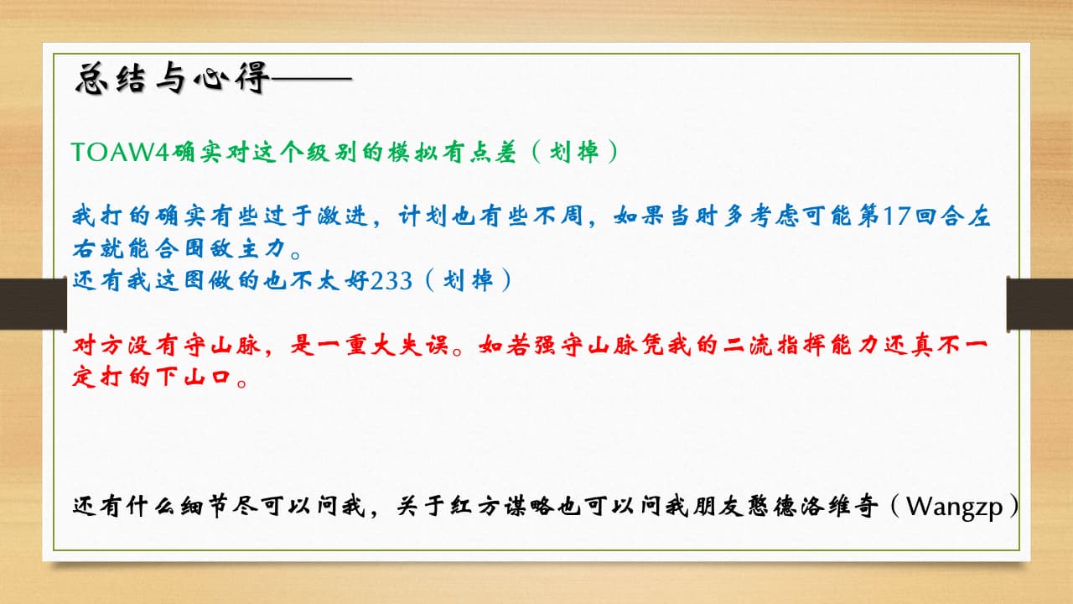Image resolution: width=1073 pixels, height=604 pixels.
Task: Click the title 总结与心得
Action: pos(172,78)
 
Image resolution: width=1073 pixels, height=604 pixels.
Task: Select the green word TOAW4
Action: pos(120,152)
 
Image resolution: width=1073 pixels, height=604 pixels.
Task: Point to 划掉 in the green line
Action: pos(574,152)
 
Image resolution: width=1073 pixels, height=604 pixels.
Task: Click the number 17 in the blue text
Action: pos(896,216)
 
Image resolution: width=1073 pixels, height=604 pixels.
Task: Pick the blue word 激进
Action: pos(343,216)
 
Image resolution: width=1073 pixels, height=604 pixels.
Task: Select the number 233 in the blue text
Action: pos(391,281)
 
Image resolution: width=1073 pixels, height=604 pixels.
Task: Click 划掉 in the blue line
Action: pos(468,280)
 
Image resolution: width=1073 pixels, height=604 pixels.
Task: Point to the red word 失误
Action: pos(422,345)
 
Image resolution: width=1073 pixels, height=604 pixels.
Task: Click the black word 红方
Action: pos(474,506)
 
